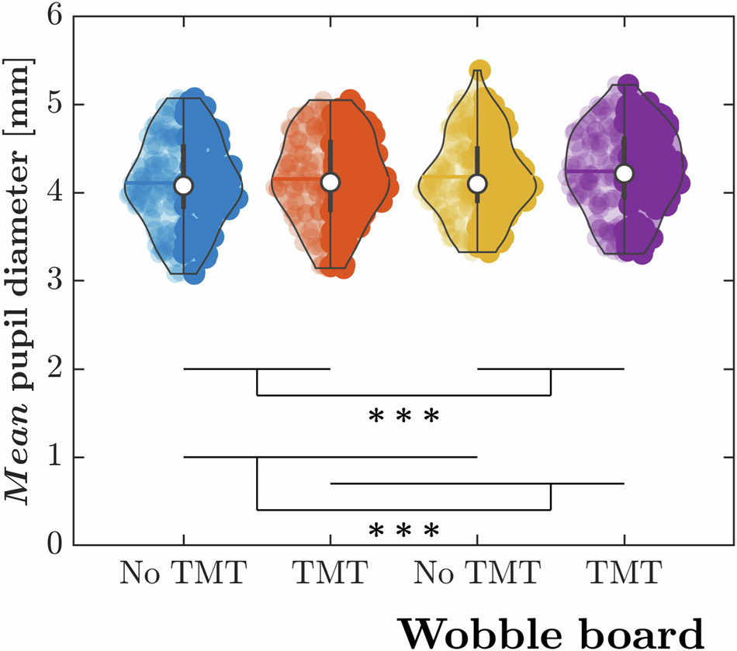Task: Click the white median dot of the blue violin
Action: [x=183, y=185]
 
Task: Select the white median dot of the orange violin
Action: [x=330, y=182]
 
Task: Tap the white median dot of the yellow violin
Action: [x=477, y=183]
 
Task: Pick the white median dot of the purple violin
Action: [x=625, y=173]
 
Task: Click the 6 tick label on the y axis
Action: [x=54, y=17]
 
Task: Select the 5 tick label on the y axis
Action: [x=54, y=105]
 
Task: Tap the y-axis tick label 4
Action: [x=54, y=193]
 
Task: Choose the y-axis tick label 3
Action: [x=54, y=281]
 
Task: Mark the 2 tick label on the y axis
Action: [x=54, y=369]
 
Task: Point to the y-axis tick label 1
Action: [x=54, y=458]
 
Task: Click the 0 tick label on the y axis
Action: [x=54, y=545]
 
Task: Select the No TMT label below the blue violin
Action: [x=183, y=575]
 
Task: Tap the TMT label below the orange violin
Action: [x=330, y=575]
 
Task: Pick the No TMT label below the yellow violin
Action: [x=477, y=575]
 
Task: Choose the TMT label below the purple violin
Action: [x=625, y=575]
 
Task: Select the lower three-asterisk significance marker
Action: [x=404, y=532]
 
